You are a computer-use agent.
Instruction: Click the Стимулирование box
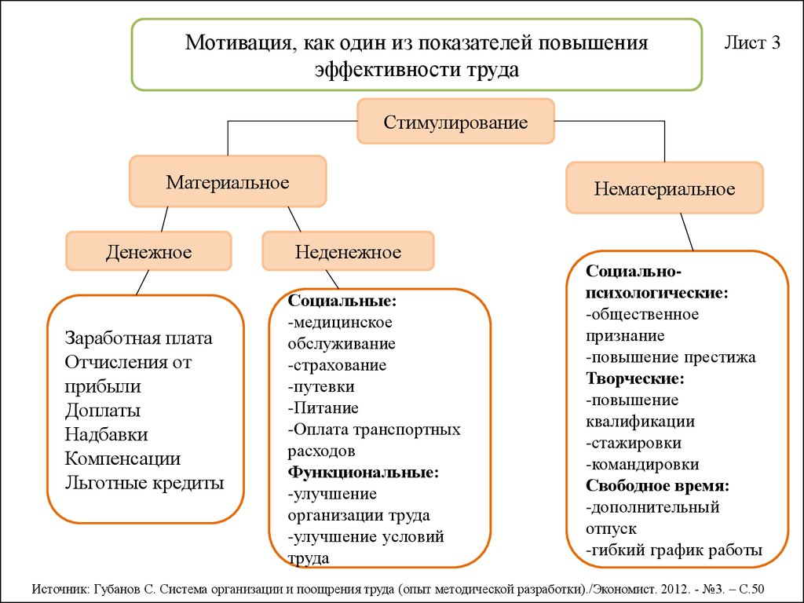click(455, 122)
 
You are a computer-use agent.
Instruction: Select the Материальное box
click(228, 182)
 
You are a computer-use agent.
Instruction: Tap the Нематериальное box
click(664, 188)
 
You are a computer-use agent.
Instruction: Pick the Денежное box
click(149, 252)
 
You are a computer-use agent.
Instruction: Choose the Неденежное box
click(348, 252)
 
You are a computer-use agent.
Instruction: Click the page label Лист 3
click(751, 43)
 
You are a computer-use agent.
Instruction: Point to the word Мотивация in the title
click(236, 43)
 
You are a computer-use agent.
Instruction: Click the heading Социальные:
click(342, 301)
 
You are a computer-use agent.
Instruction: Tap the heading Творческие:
click(634, 378)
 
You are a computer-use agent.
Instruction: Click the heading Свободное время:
click(657, 485)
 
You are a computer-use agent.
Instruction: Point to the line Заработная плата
click(139, 338)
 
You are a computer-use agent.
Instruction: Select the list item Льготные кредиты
click(144, 483)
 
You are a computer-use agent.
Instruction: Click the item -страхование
click(337, 365)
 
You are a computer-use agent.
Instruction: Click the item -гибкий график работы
click(674, 550)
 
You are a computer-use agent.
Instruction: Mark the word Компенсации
click(122, 459)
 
